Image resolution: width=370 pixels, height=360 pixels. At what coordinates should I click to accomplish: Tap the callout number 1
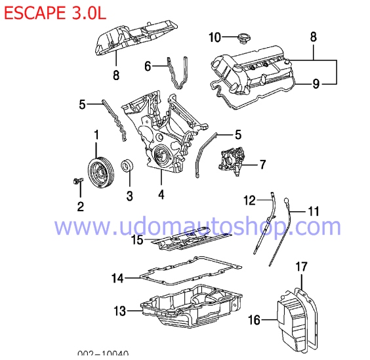(96, 135)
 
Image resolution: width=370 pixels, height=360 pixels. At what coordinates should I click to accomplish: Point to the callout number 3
(129, 195)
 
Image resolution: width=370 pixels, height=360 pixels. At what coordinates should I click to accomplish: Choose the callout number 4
(161, 194)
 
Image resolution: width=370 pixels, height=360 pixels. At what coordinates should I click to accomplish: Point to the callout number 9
(316, 83)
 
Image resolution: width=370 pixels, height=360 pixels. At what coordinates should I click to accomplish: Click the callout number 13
(119, 310)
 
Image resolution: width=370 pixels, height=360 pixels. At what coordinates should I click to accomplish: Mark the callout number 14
(117, 278)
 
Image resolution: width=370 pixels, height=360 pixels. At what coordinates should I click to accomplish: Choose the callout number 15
(136, 240)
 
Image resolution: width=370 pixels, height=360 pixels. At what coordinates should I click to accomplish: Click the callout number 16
(255, 320)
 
